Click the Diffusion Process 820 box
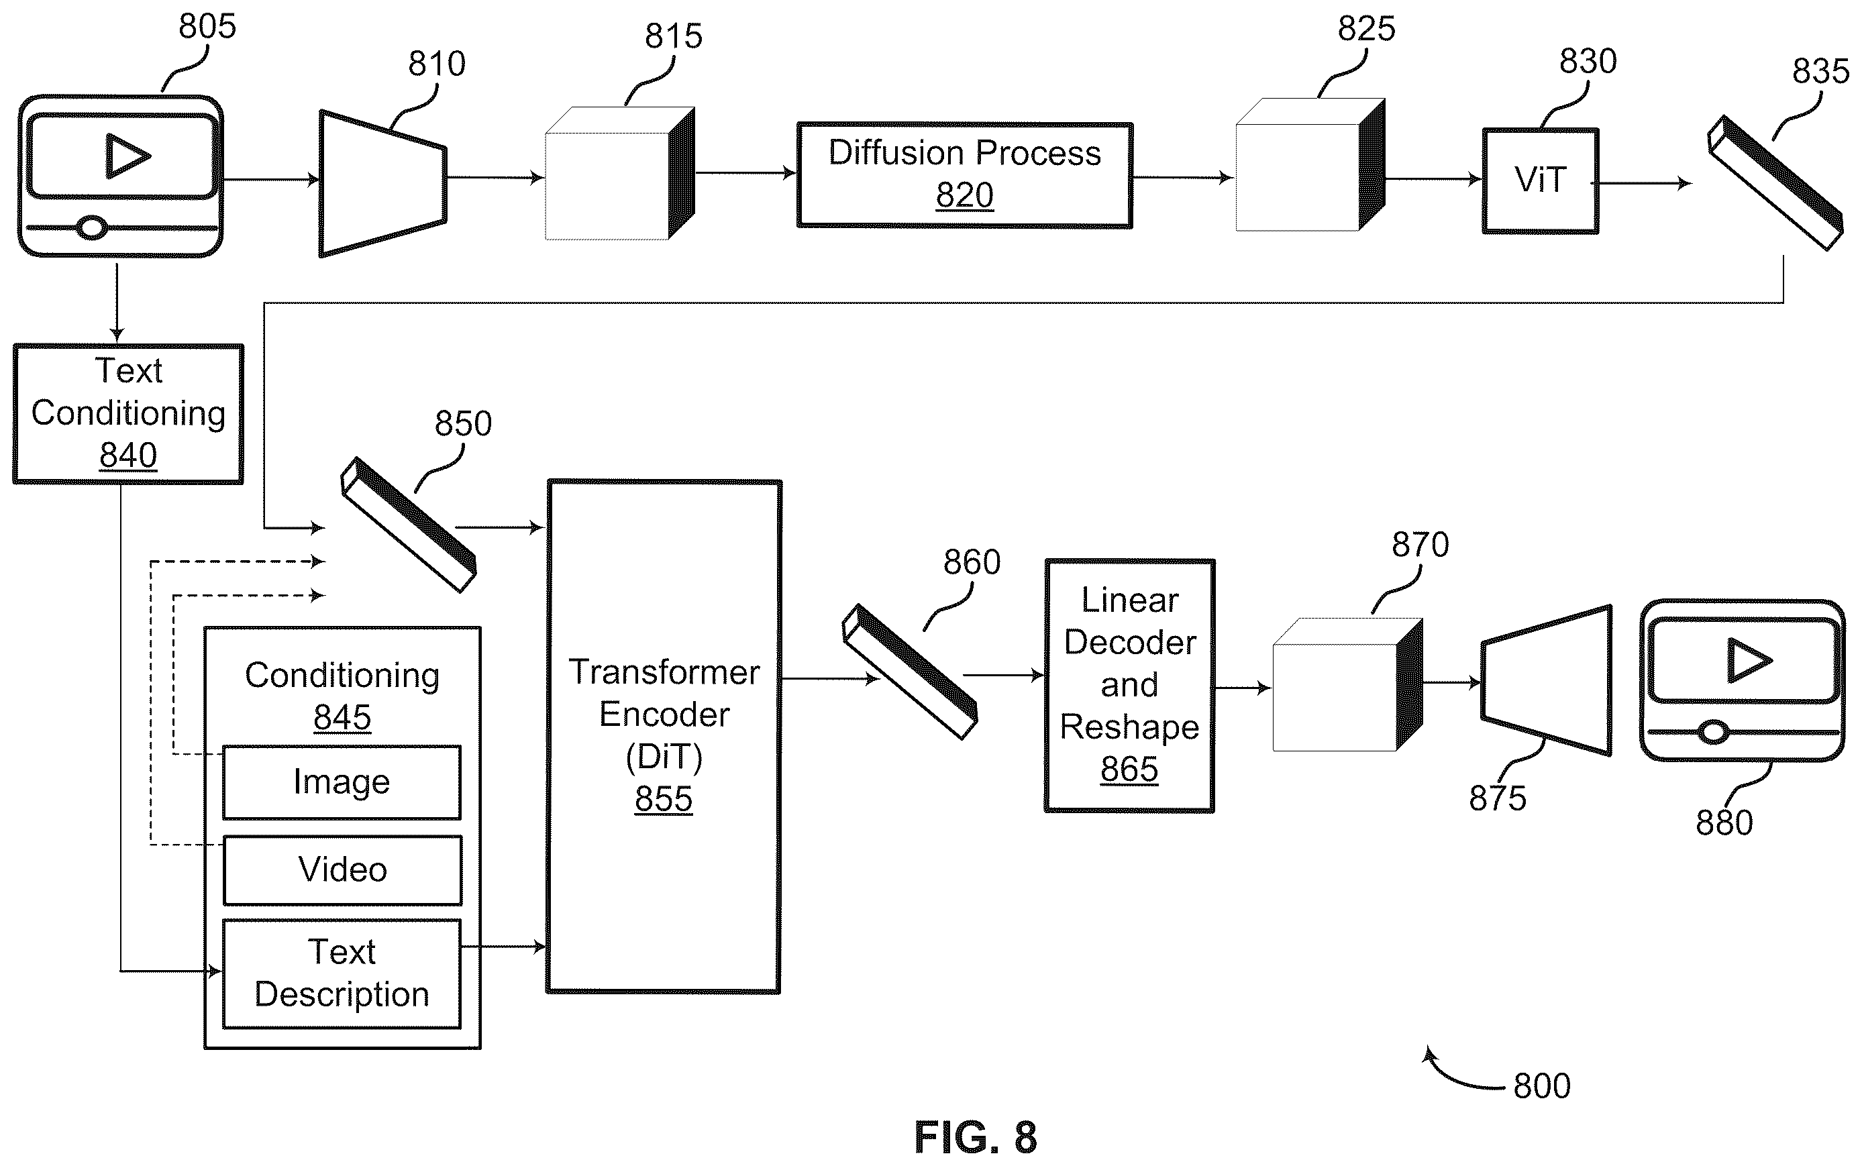click(x=964, y=175)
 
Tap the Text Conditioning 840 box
click(x=128, y=414)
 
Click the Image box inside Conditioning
click(x=342, y=782)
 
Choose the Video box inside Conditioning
click(x=342, y=870)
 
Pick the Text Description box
click(x=342, y=973)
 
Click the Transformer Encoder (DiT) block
click(x=664, y=737)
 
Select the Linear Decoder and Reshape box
click(x=1130, y=686)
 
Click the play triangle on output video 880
click(x=1749, y=660)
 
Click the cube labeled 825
click(x=1310, y=164)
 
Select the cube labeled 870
click(x=1347, y=684)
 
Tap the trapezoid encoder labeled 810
click(x=383, y=184)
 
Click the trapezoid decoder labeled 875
click(x=1547, y=680)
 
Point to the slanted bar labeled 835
click(x=1775, y=182)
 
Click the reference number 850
click(x=463, y=423)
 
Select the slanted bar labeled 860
click(x=909, y=672)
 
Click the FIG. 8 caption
click(x=976, y=1136)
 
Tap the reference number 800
click(x=1542, y=1085)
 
